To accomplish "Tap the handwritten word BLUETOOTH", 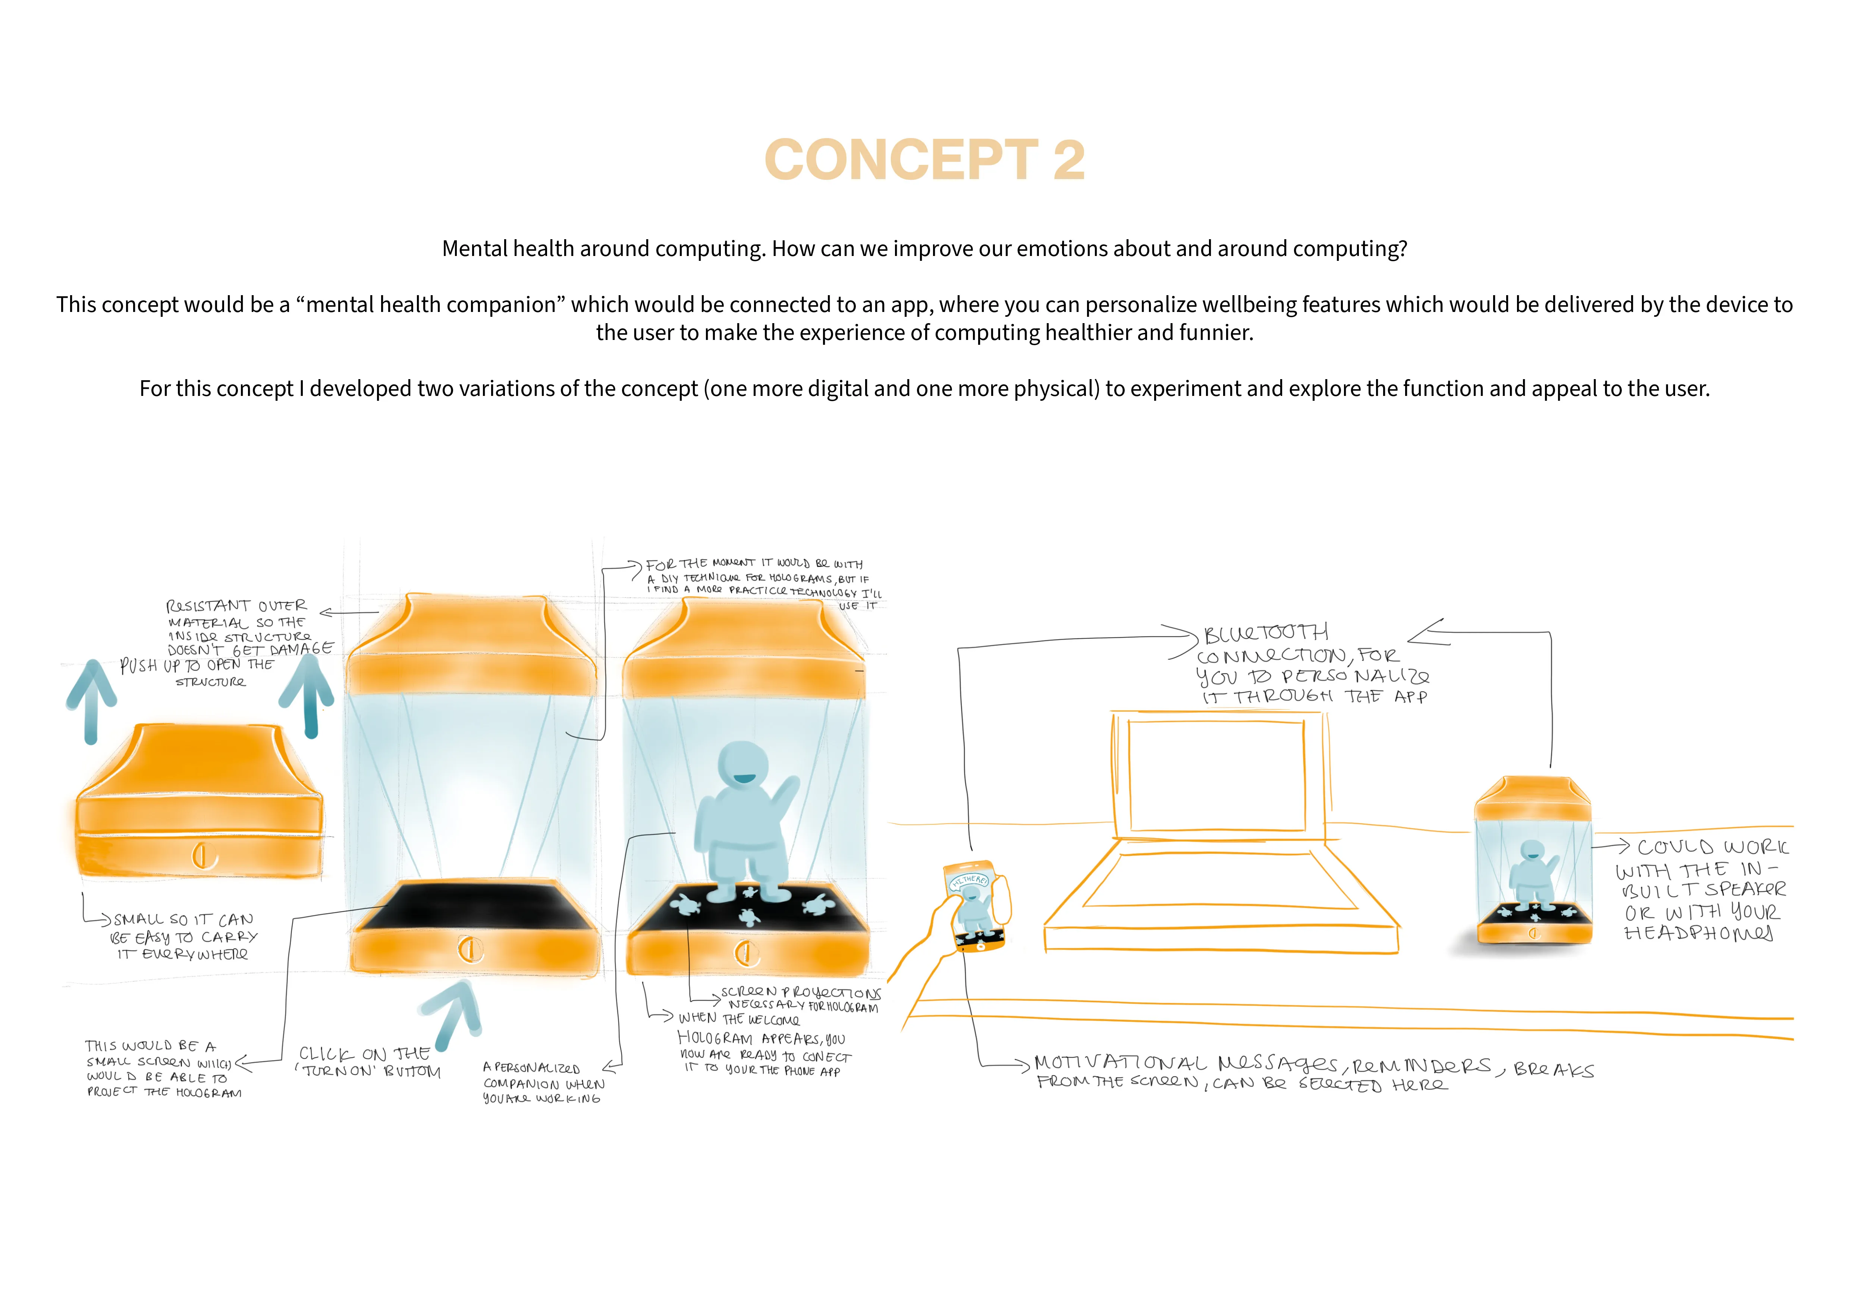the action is coord(1266,634).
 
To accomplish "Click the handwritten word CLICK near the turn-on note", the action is coord(326,1054).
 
